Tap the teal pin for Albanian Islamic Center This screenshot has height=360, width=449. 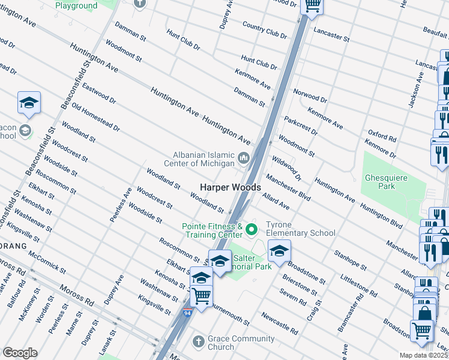click(x=244, y=158)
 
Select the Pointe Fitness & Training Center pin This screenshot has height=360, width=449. click(x=252, y=229)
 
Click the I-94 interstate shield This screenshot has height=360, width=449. click(x=188, y=312)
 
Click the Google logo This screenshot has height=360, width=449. click(x=20, y=352)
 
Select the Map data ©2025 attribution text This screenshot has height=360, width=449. click(x=423, y=355)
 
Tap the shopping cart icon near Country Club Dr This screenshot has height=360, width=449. click(x=312, y=5)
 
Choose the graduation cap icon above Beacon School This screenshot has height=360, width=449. click(x=28, y=103)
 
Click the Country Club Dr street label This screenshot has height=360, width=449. click(x=265, y=29)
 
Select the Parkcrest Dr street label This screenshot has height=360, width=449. click(x=301, y=125)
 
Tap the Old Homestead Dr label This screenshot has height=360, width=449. click(x=96, y=118)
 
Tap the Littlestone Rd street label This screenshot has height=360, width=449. click(x=358, y=285)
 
